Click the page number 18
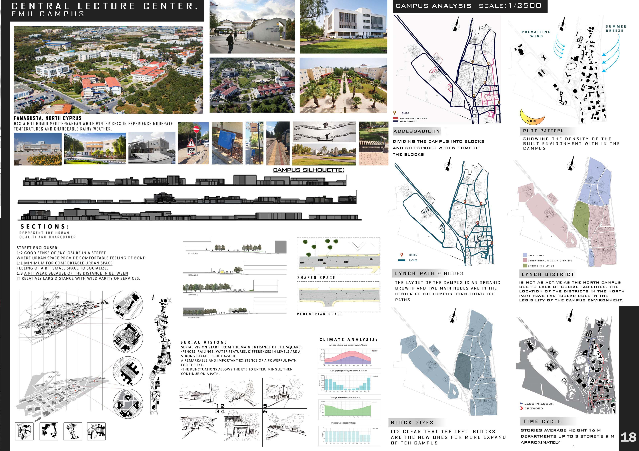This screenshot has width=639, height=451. (x=628, y=437)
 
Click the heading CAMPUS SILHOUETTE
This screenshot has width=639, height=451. (x=308, y=170)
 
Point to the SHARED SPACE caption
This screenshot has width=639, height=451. (x=316, y=278)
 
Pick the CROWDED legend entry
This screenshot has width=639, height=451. (x=533, y=408)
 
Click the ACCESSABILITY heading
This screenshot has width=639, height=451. (x=417, y=131)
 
